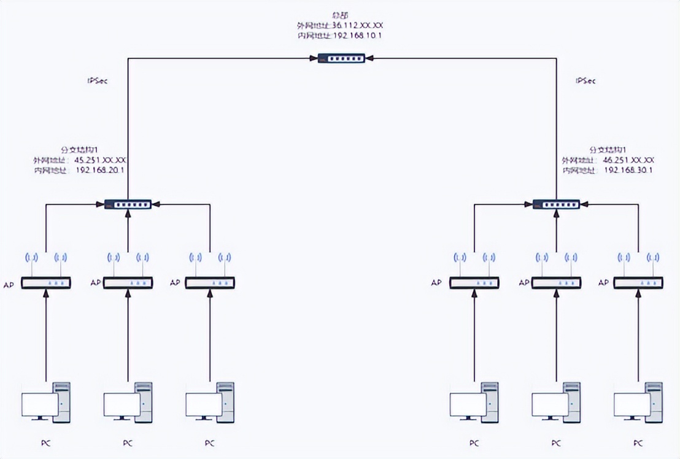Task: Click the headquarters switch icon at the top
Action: tap(341, 58)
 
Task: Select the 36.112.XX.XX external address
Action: tap(358, 26)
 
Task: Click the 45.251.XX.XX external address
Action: tap(100, 160)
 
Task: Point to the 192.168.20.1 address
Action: tap(100, 170)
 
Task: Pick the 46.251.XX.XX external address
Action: tap(628, 160)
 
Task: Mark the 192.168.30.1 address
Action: tap(628, 170)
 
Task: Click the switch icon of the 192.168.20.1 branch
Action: tap(128, 204)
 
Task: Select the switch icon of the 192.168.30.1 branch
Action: tap(556, 204)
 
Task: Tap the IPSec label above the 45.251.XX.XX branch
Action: tap(98, 80)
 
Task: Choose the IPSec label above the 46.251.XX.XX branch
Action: tap(585, 80)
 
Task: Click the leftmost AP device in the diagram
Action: tap(46, 283)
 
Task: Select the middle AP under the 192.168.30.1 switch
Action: tap(556, 283)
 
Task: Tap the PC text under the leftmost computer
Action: tap(45, 442)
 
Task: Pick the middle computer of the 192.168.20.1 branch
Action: tap(128, 403)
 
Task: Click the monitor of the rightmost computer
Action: tap(632, 405)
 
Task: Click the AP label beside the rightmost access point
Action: tap(603, 283)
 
